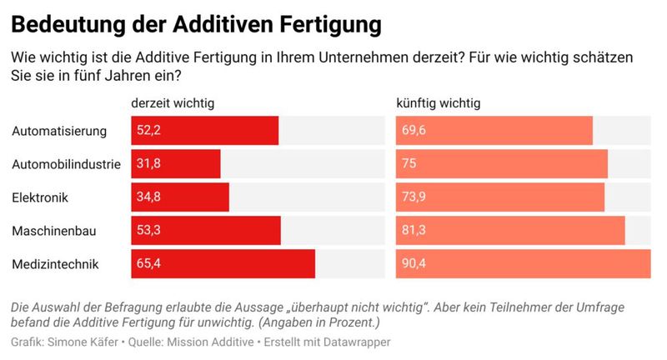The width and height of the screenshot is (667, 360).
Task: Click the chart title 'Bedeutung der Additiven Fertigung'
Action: click(196, 24)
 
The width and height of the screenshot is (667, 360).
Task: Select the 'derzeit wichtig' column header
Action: click(173, 103)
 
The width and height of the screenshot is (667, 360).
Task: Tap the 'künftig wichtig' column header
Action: click(438, 103)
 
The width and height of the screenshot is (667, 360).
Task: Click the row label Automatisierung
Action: click(60, 131)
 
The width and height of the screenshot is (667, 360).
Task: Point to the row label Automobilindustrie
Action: click(67, 164)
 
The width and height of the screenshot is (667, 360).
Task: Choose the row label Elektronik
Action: click(40, 197)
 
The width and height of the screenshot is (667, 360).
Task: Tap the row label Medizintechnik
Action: click(56, 264)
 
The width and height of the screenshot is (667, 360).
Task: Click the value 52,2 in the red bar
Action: click(148, 131)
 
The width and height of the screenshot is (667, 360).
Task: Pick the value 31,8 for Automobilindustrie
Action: click(148, 164)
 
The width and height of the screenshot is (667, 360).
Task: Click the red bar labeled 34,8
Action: click(180, 197)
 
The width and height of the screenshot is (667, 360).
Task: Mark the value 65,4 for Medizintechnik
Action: click(148, 264)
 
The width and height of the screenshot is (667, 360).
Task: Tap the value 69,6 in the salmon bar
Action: click(414, 131)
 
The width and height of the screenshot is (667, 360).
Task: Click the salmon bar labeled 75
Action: click(501, 164)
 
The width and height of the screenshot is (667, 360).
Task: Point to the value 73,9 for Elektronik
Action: click(414, 197)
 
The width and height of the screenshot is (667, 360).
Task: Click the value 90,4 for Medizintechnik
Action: click(414, 264)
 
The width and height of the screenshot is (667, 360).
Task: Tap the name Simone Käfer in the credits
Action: click(82, 342)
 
